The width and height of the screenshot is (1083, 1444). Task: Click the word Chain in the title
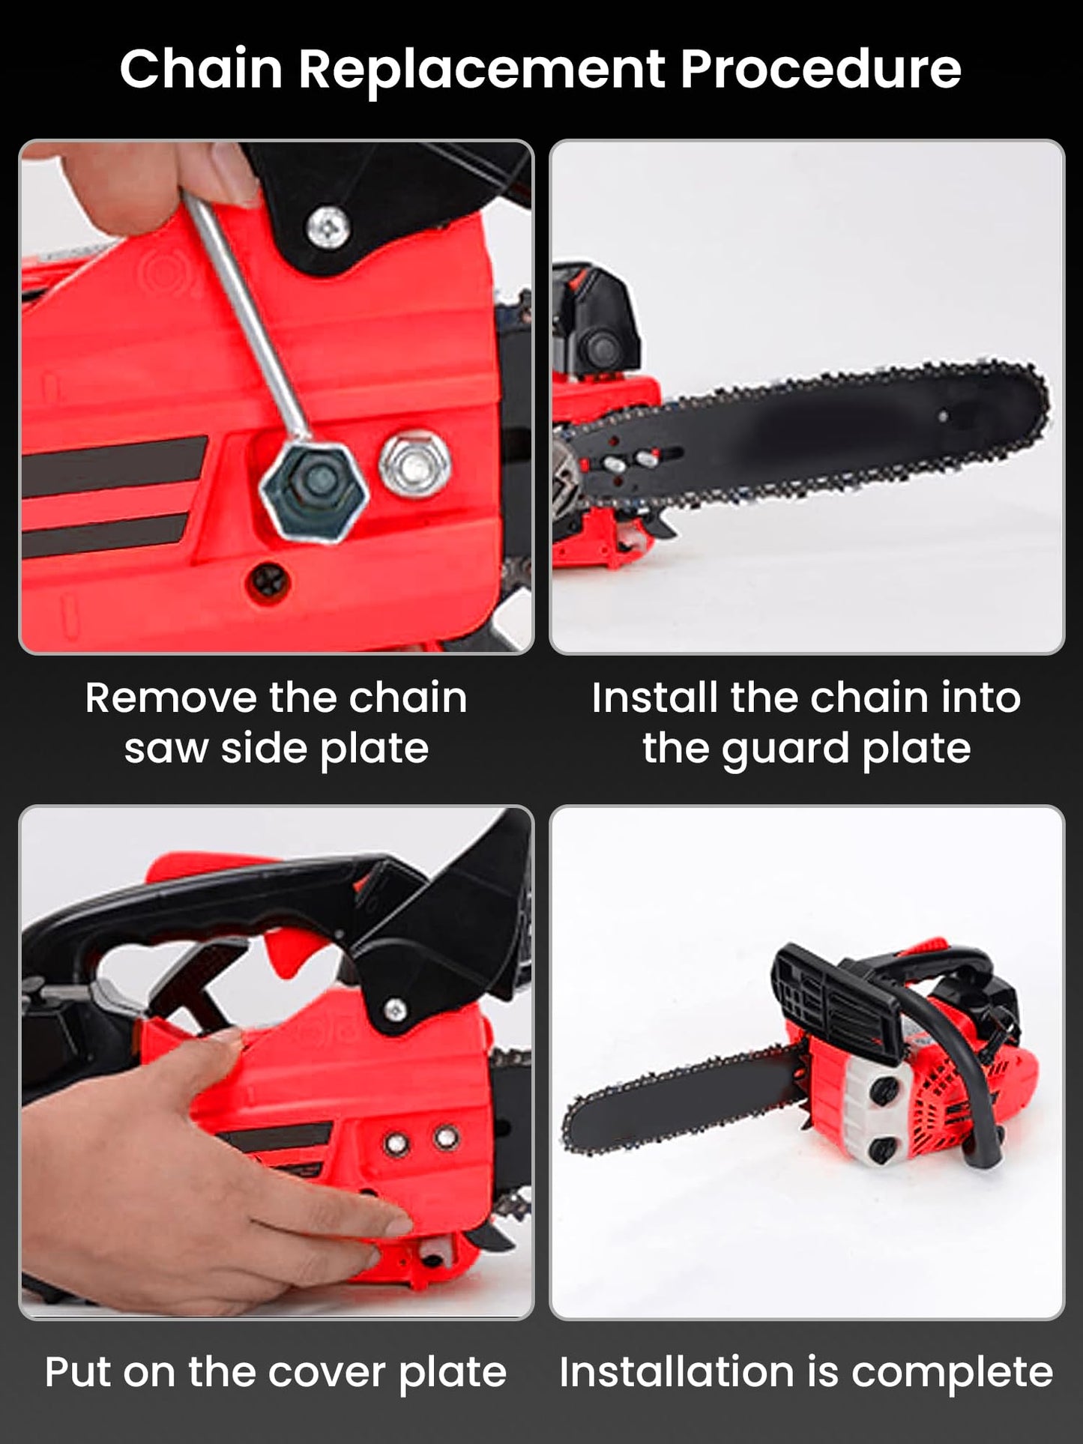coord(201,69)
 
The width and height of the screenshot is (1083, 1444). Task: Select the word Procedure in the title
coord(821,69)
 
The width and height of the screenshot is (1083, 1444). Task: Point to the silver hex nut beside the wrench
coord(415,466)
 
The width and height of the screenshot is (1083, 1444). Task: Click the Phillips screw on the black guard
coord(328,225)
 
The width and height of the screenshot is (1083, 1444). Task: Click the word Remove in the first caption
coord(172,698)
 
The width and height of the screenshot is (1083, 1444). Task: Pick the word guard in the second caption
coord(783,750)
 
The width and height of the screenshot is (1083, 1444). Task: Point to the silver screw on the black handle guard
coord(395,1011)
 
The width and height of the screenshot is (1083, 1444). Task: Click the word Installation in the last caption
coord(676,1372)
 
